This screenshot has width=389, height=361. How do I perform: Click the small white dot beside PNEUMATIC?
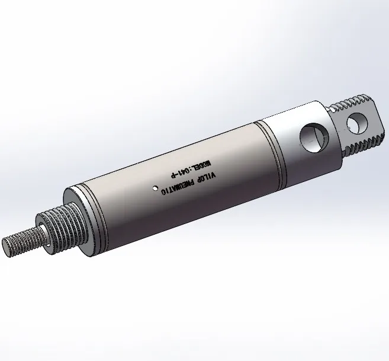tap(155, 189)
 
